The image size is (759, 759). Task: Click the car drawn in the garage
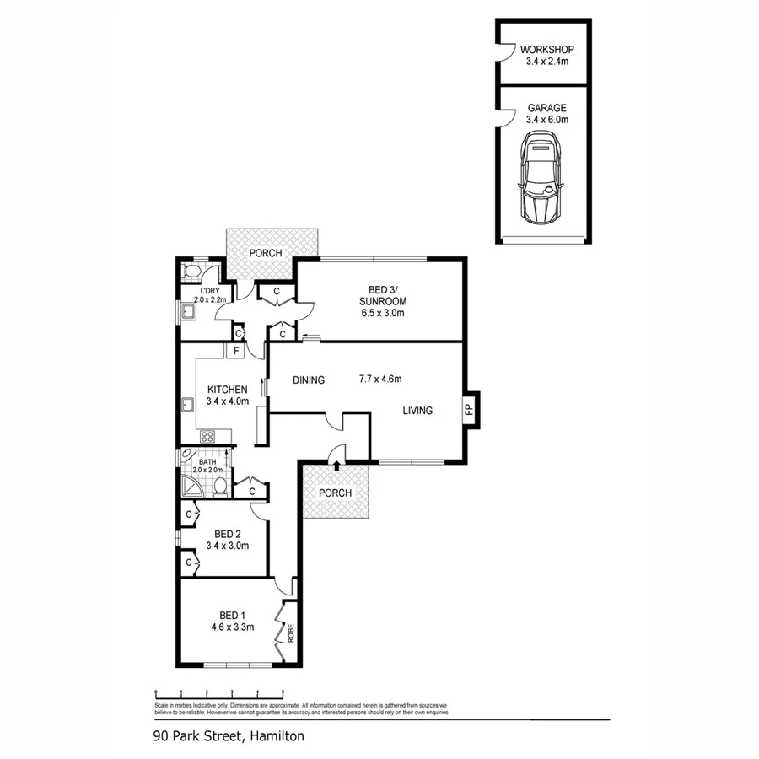coord(540,181)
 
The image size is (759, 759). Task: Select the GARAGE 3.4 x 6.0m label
coord(546,114)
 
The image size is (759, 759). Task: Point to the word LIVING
coord(417,411)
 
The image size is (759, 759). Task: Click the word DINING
coord(309,380)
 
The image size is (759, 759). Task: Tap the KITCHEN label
coord(227,395)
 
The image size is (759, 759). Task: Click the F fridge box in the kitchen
coord(237,351)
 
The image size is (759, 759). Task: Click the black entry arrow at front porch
coord(336,464)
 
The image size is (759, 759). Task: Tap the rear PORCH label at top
coord(265,253)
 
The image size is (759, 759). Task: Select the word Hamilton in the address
coord(277,736)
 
